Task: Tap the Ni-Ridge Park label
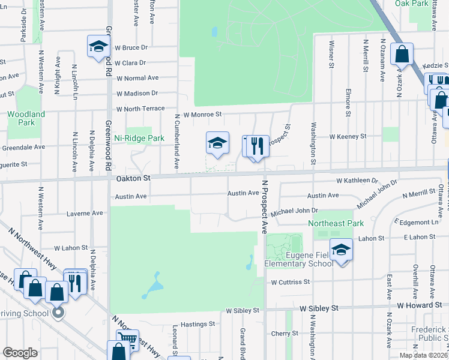(139, 138)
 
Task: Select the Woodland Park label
(26, 118)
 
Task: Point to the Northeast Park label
(336, 223)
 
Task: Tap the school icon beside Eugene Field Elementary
(341, 250)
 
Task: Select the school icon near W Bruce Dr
(98, 46)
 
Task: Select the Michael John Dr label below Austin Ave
(294, 211)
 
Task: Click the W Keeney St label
(348, 137)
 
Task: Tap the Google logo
(20, 353)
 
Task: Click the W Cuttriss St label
(290, 281)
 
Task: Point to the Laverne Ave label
(84, 213)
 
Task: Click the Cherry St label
(280, 333)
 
